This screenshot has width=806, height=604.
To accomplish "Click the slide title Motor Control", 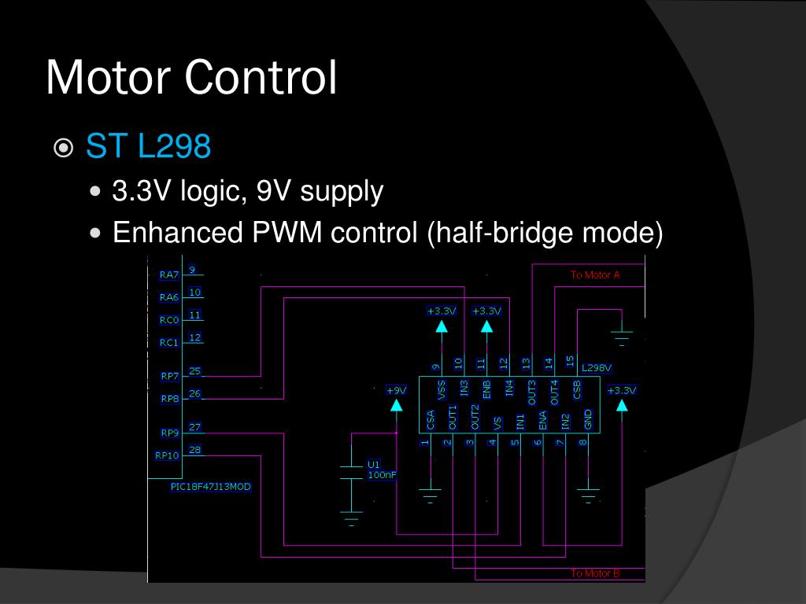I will [x=191, y=77].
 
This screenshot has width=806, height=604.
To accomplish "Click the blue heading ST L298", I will [x=148, y=146].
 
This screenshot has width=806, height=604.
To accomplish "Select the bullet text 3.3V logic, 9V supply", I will [x=248, y=191].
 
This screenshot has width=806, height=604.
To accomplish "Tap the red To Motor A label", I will [x=595, y=275].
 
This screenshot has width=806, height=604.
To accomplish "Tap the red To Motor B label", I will [x=595, y=573].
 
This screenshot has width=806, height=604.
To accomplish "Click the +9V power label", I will [x=396, y=390].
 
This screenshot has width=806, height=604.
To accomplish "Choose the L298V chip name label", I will [x=596, y=367].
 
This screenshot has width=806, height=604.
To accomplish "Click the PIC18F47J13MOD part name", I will [x=211, y=487].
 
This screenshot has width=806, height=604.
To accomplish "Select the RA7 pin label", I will [x=169, y=275].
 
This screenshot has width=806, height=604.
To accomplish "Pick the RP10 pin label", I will [x=167, y=455].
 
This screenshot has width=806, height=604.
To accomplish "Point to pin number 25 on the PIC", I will [x=194, y=371].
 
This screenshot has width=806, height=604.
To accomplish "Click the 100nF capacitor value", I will [x=382, y=475].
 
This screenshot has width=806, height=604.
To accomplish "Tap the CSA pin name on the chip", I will [x=430, y=419].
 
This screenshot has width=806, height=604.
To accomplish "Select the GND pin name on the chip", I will [x=588, y=419].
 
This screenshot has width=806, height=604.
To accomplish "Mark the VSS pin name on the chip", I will [x=441, y=388].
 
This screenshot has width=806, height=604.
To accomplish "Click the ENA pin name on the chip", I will [x=542, y=419].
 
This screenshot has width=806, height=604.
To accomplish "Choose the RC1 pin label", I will [x=169, y=343].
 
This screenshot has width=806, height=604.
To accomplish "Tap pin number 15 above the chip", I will [x=570, y=361].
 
